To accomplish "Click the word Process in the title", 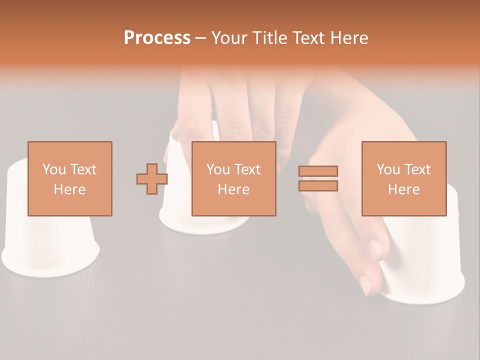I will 157,38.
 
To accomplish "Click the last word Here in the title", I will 349,38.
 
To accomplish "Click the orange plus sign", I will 152,178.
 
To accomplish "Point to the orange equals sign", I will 318,178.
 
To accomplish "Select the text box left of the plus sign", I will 69,178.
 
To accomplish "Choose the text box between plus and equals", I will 233,178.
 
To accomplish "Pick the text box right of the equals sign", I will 403,178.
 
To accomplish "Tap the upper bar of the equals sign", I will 318,171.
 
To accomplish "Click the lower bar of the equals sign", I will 318,186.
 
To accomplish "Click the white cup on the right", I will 430,265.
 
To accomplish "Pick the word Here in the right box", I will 403,189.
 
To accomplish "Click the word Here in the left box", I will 69,189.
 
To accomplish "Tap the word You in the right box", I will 388,169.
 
